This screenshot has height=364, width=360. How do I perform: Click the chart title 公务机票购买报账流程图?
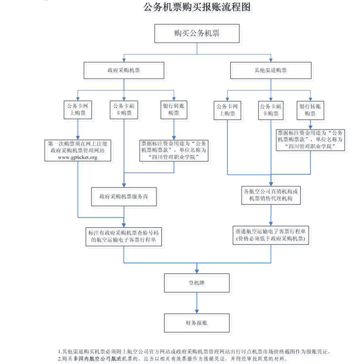tap(197, 8)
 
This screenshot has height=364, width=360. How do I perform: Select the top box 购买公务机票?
tap(197, 34)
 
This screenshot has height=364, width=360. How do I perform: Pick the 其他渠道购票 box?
tap(271, 71)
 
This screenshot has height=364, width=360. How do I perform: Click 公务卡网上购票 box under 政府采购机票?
tap(77, 109)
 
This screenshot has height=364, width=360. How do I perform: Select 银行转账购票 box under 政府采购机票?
tap(174, 109)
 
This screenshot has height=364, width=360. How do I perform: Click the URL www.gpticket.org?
tap(78, 157)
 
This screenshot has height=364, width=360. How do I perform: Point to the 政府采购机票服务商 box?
tap(124, 196)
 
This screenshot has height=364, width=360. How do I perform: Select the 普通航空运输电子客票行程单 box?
tap(271, 235)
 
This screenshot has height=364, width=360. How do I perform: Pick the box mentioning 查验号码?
tap(124, 236)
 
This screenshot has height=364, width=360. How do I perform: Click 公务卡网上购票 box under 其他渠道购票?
tap(227, 110)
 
